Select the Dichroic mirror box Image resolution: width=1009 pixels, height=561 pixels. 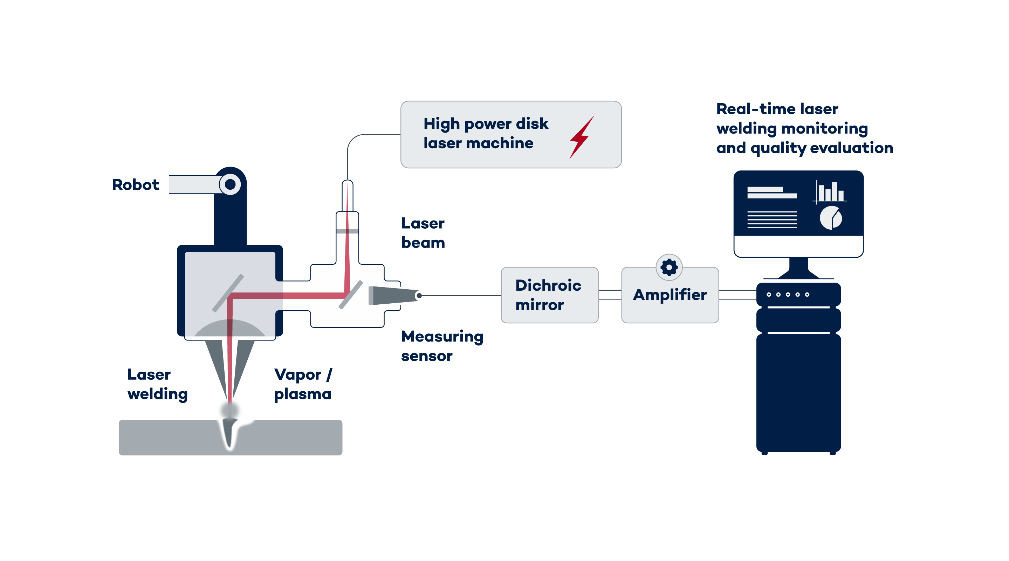pos(549,295)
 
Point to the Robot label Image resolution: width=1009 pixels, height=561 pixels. pos(136,185)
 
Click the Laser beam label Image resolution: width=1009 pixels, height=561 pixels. pos(423,233)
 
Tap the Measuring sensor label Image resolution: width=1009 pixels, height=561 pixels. pos(442,346)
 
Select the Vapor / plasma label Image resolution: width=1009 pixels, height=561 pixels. pos(303,384)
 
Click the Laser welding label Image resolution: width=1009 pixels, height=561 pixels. pos(157,384)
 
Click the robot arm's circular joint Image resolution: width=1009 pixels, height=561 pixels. pos(230,184)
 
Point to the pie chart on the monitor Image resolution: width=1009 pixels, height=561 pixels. pos(830,218)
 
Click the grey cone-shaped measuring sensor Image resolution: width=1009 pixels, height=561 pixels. pos(390,296)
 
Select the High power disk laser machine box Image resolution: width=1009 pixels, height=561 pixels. pos(511,135)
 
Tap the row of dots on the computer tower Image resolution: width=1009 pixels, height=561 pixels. pos(787,295)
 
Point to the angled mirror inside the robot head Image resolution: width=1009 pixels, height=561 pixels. pos(228,293)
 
